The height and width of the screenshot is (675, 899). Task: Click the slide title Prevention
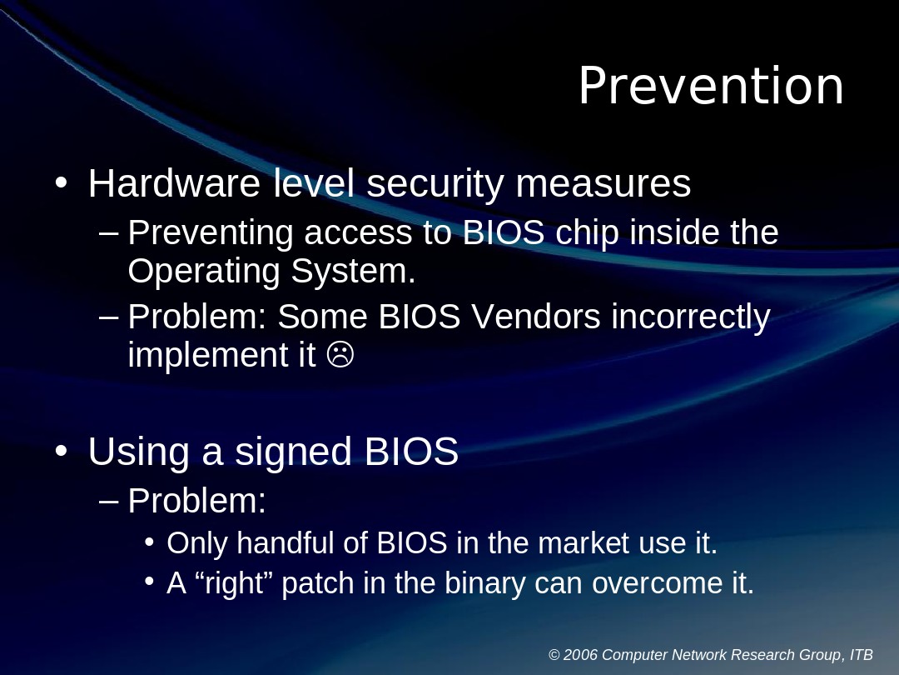click(x=711, y=87)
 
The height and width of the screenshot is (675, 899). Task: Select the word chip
click(x=587, y=233)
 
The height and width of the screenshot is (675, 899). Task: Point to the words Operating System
click(x=271, y=271)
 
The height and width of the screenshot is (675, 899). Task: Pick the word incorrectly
click(x=690, y=317)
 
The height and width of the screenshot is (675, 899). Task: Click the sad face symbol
click(x=340, y=355)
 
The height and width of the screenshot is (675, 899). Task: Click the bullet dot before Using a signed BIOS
click(x=61, y=451)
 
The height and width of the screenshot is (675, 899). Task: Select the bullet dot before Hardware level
click(x=61, y=182)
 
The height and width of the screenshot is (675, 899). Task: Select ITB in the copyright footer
click(x=861, y=655)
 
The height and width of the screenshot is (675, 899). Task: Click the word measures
click(x=603, y=183)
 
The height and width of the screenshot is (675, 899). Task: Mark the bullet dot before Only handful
click(x=149, y=542)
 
